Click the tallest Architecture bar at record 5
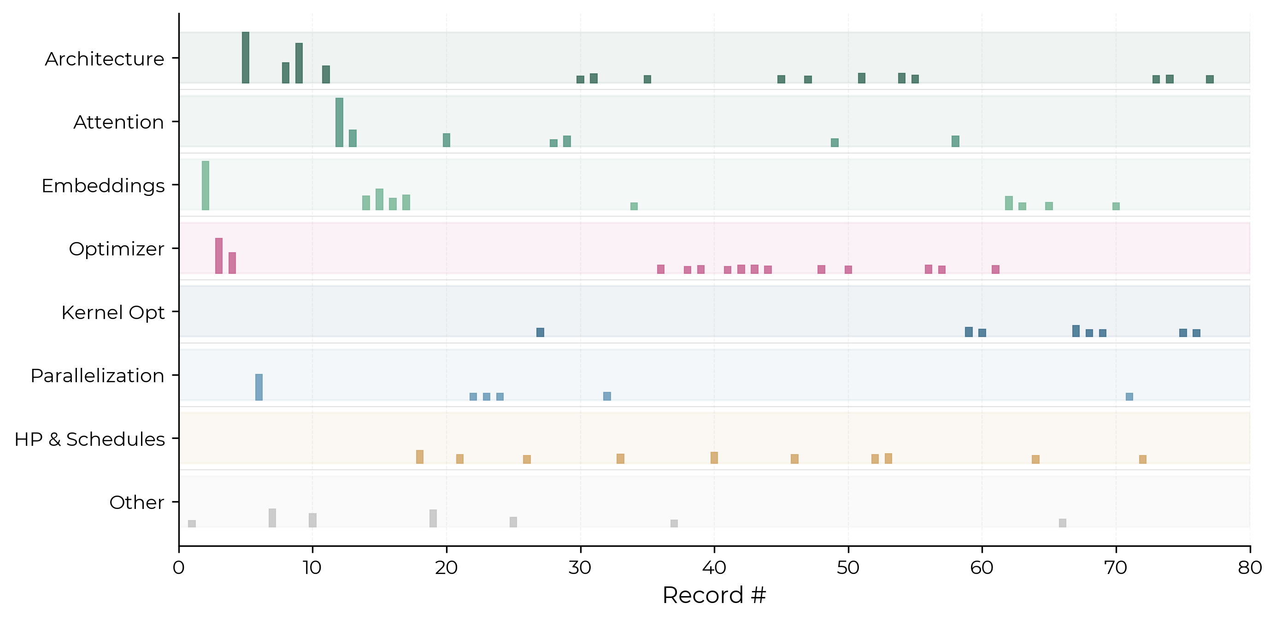[x=246, y=58]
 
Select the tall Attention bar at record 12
[x=339, y=123]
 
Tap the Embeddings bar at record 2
[x=206, y=185]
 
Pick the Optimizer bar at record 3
[x=219, y=256]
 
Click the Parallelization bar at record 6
[x=259, y=387]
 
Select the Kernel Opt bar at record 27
[x=541, y=332]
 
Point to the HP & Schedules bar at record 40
[x=714, y=457]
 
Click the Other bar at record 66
[x=1063, y=523]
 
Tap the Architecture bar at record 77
[x=1210, y=79]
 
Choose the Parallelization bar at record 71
[x=1129, y=396]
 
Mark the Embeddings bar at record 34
[x=634, y=206]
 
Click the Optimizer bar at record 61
[x=996, y=269]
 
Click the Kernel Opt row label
[x=113, y=313]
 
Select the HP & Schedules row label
[x=90, y=439]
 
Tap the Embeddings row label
[x=103, y=186]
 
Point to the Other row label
[x=137, y=503]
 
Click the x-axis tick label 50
[x=848, y=568]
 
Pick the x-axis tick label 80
[x=1250, y=568]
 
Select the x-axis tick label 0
[x=179, y=568]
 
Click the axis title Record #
[x=714, y=595]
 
